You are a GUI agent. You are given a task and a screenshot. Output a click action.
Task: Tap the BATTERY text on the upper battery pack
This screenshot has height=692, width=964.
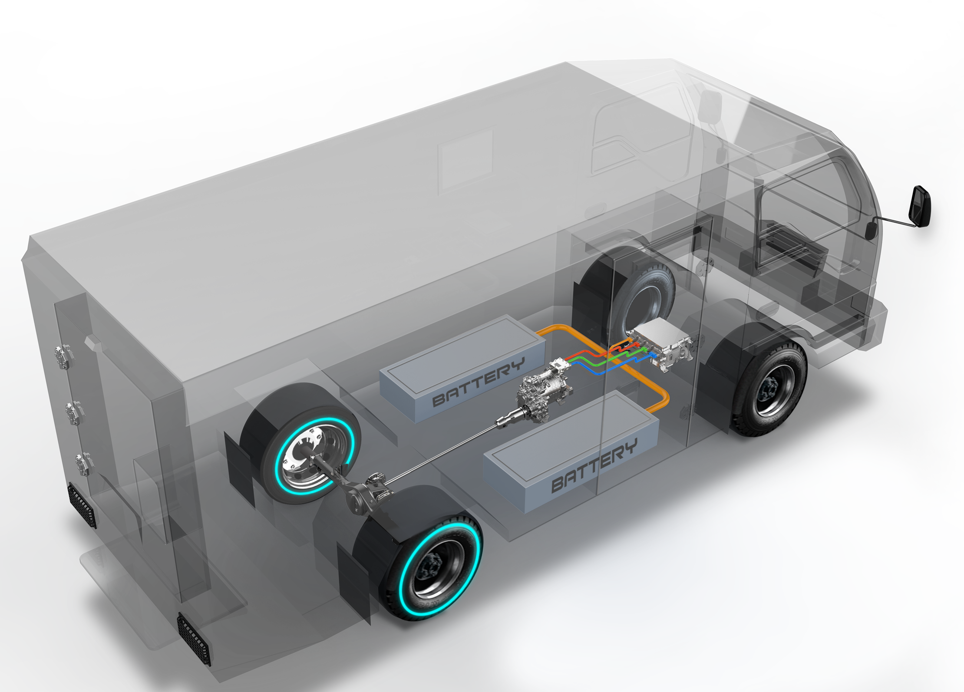point(478,382)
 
